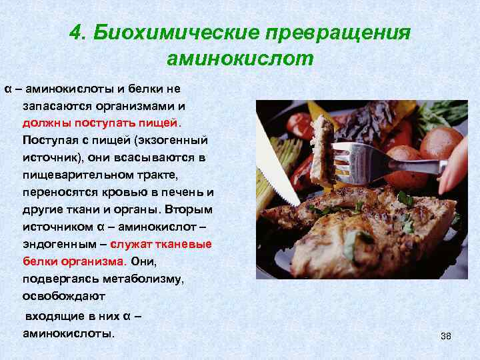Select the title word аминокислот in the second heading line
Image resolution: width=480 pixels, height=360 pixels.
click(240, 59)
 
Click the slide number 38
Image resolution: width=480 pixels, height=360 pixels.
click(446, 336)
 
